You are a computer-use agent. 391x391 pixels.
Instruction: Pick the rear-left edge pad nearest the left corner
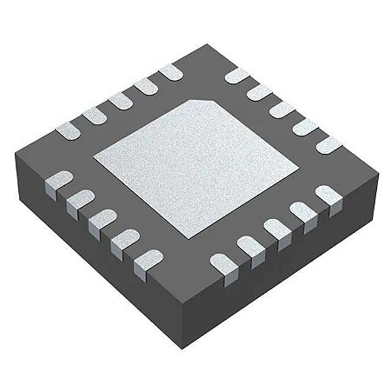point(66,129)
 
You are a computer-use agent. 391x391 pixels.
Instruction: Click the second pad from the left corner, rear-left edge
point(90,116)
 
